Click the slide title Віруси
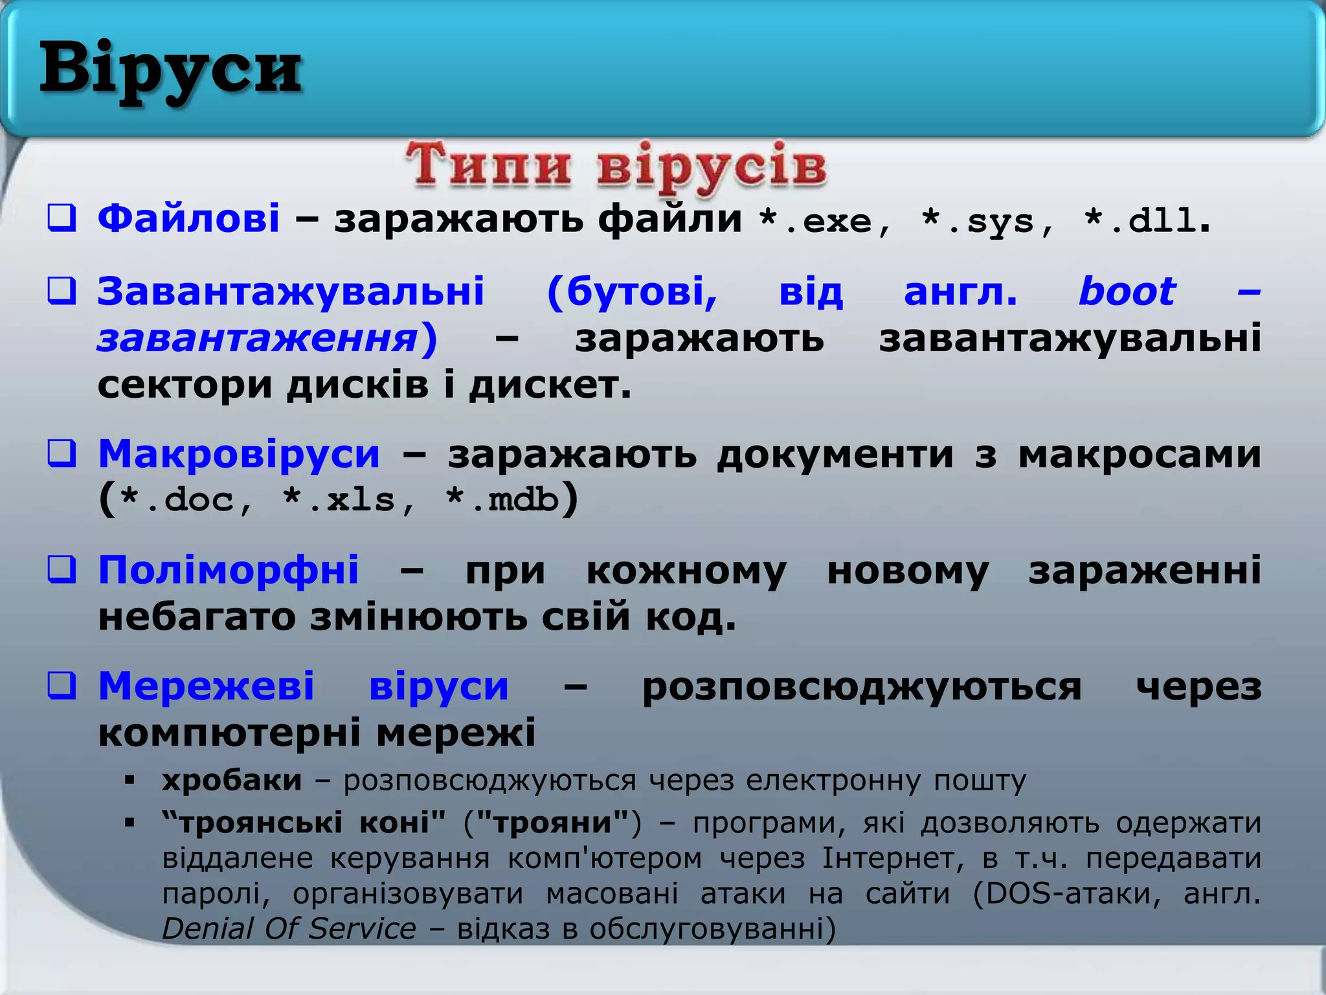170,70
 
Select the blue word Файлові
188,218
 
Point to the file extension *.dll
1140,222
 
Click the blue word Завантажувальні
291,292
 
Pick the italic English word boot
1127,292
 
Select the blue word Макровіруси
239,453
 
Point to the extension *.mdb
502,500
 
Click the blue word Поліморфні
229,570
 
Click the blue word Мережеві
207,686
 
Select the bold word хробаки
232,781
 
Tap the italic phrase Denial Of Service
289,928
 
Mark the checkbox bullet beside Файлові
62,218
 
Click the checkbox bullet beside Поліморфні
62,570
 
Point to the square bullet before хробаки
129,781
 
